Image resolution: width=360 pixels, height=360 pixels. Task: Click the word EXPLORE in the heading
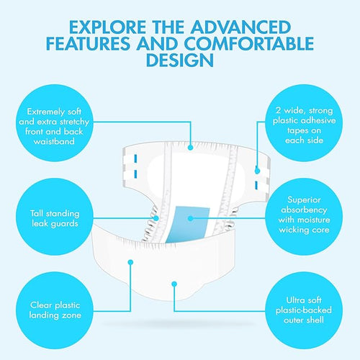click(107, 27)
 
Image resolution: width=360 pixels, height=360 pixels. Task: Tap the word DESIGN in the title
click(180, 60)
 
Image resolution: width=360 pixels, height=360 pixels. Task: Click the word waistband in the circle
click(54, 141)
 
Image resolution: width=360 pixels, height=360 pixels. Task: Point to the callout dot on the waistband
click(190, 148)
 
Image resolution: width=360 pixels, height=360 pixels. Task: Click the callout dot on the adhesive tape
click(257, 171)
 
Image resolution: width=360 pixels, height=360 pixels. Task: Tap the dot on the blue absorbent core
click(190, 218)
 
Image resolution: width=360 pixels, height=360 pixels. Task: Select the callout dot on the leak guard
click(156, 218)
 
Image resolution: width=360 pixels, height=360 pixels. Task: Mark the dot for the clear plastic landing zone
click(130, 262)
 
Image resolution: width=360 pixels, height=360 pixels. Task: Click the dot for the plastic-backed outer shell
click(174, 284)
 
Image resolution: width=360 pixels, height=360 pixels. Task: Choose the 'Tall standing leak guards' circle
click(55, 217)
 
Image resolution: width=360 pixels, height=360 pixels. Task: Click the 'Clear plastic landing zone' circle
click(55, 310)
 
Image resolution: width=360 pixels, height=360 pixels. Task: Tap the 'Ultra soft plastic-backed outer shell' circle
click(304, 310)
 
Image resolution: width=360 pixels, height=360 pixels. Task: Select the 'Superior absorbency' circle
click(304, 217)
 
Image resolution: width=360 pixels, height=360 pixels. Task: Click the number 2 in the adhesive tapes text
click(279, 110)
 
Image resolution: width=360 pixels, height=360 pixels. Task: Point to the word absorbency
click(304, 210)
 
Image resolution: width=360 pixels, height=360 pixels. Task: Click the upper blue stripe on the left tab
click(135, 158)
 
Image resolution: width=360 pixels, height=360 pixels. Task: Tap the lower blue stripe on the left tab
click(135, 174)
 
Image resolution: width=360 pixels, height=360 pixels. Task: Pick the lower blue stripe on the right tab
click(256, 185)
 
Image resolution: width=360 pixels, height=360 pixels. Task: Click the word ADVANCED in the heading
click(241, 27)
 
